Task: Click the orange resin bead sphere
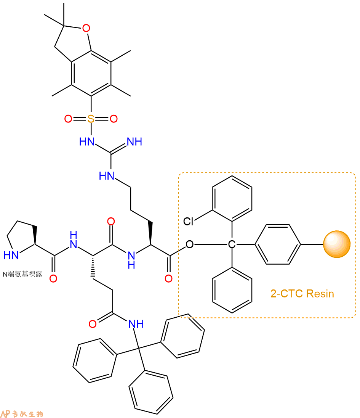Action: (x=336, y=244)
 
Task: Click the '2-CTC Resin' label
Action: (x=302, y=294)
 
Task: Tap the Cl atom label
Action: (x=189, y=221)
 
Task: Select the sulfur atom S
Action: (x=91, y=119)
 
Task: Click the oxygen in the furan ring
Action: (x=86, y=28)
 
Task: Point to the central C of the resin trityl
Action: (x=232, y=244)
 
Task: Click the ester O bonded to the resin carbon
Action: (x=190, y=244)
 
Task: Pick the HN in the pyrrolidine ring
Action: (x=11, y=255)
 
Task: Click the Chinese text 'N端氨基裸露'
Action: (x=22, y=274)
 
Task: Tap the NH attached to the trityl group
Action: (x=136, y=324)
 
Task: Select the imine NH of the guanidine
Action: (x=134, y=141)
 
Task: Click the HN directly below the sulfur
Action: (x=87, y=141)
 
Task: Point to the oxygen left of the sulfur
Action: (x=68, y=119)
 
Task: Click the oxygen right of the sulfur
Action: (x=114, y=119)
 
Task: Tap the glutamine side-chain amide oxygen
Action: (x=93, y=324)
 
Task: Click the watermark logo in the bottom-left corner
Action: (x=22, y=413)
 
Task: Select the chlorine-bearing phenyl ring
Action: (x=232, y=198)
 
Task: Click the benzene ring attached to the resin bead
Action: (x=277, y=244)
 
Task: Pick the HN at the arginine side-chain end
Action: (x=107, y=176)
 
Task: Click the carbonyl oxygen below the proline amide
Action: (x=53, y=278)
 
